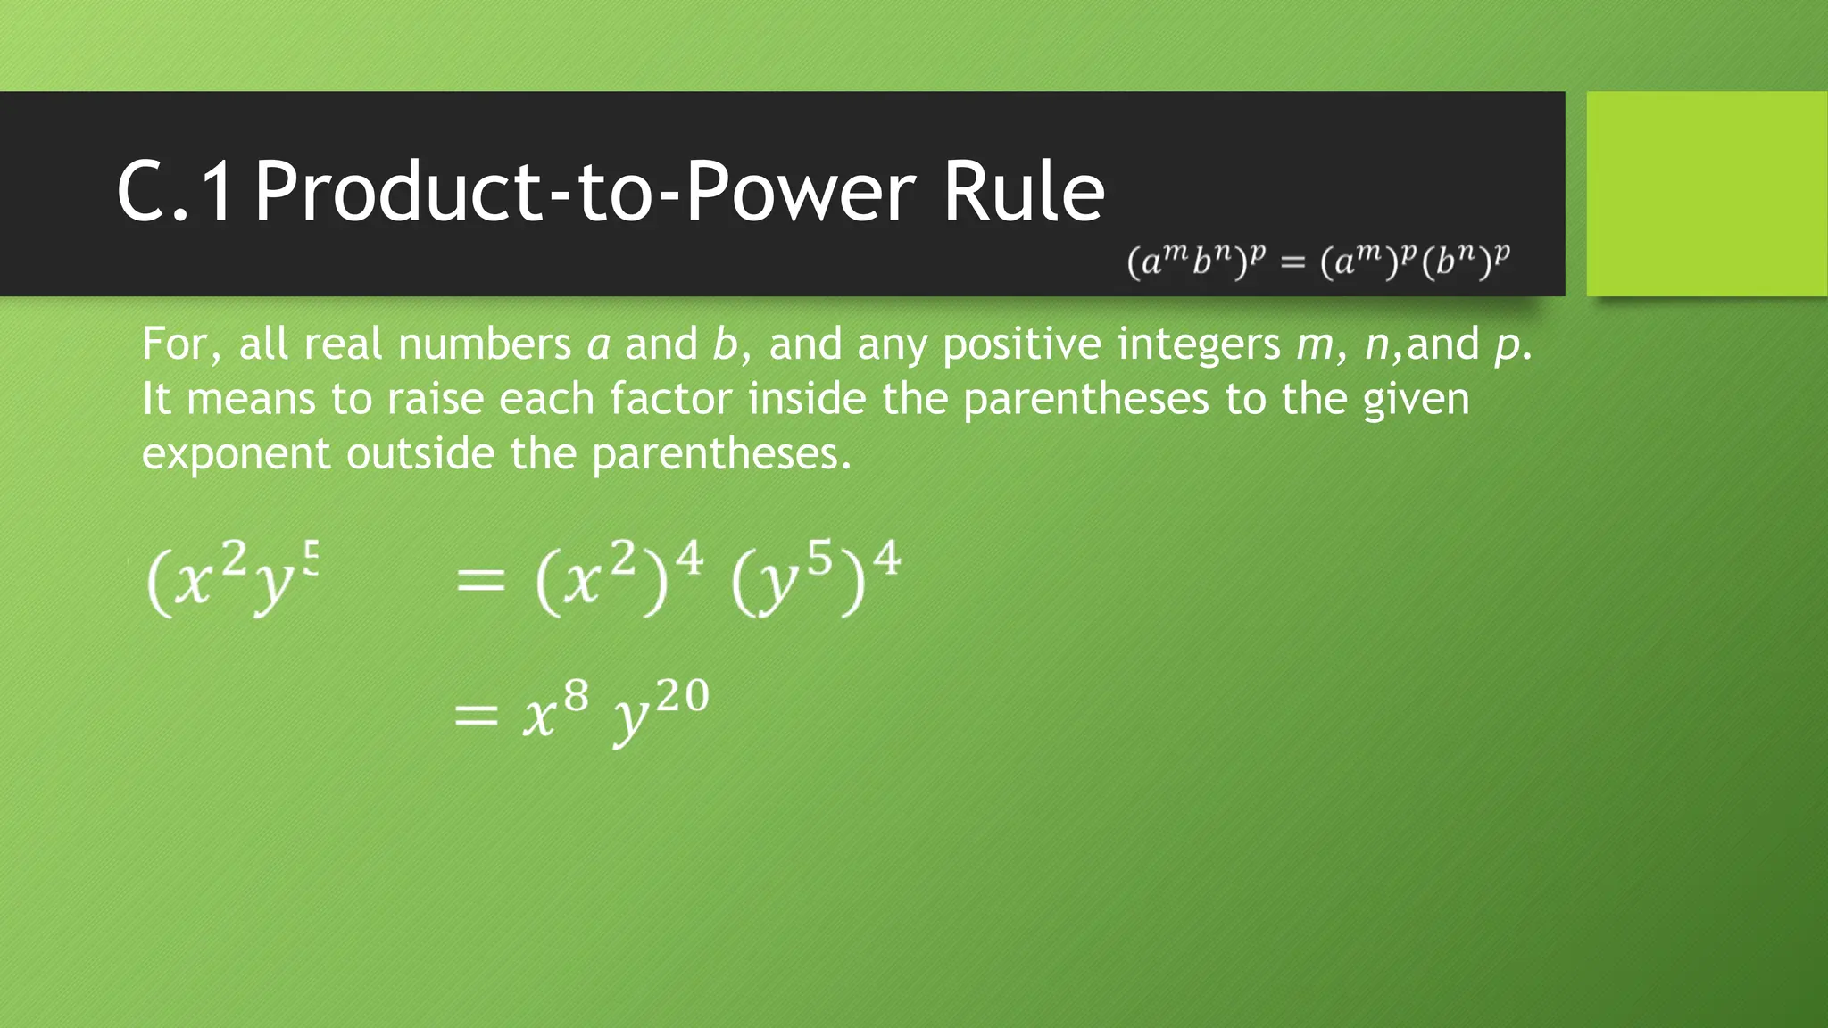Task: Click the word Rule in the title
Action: [1024, 191]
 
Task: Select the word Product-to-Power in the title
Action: [586, 191]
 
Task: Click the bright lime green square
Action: [1707, 194]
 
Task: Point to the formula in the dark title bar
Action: [1318, 261]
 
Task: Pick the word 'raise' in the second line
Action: [435, 399]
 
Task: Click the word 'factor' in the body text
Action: [671, 399]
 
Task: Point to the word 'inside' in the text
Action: [807, 399]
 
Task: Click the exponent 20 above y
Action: [682, 695]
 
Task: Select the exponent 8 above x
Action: [576, 695]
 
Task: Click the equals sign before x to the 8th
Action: [476, 715]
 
